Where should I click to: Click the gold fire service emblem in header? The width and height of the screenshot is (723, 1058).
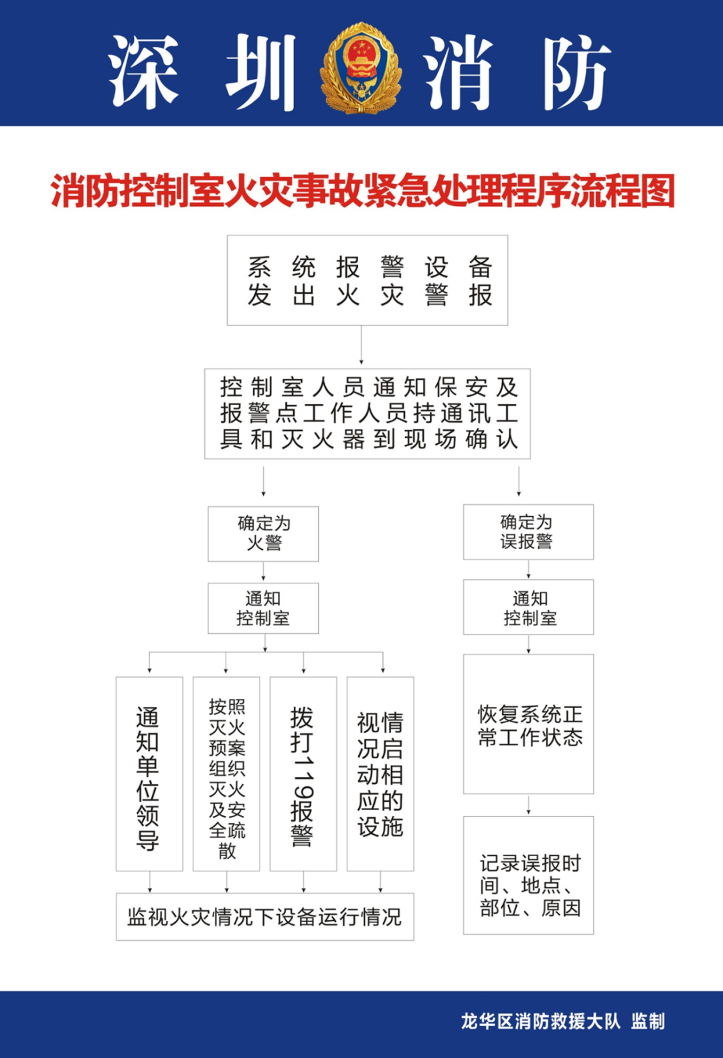(x=361, y=68)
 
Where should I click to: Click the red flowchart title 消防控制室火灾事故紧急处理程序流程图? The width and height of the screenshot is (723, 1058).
(x=363, y=191)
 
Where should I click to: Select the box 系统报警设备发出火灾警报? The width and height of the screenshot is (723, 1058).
(x=368, y=280)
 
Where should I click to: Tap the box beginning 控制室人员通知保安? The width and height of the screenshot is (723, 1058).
(x=368, y=413)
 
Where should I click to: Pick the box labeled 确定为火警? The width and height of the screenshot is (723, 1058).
(x=263, y=534)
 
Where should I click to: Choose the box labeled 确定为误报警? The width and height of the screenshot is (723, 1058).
(x=528, y=532)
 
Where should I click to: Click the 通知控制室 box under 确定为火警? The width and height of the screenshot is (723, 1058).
(x=263, y=608)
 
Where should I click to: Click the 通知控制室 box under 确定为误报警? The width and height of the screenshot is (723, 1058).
(x=528, y=607)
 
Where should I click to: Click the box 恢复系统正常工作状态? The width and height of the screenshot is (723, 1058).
(x=528, y=724)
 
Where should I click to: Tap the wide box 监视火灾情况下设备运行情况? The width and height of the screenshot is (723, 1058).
(x=265, y=916)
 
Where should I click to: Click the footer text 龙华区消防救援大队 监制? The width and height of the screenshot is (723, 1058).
(x=563, y=1021)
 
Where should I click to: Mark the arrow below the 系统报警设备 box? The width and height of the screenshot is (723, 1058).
(x=361, y=345)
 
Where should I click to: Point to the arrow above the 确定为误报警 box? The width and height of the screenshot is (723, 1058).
(x=519, y=482)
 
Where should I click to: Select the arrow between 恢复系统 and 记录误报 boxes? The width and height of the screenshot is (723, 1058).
(x=529, y=805)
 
